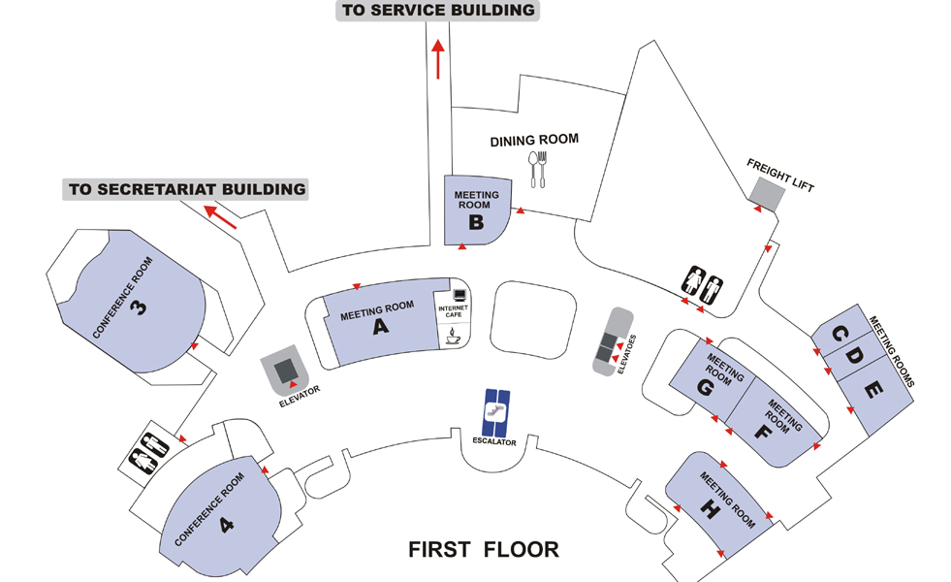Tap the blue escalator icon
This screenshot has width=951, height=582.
(497, 411)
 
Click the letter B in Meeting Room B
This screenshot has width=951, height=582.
(476, 222)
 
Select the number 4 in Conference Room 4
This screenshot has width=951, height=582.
(227, 525)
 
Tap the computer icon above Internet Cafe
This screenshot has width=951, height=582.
(459, 292)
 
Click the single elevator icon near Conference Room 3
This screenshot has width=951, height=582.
(286, 369)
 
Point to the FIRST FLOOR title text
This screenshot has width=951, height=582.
(484, 550)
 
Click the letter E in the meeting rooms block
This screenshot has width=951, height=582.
(872, 391)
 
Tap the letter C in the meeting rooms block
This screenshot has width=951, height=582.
(840, 337)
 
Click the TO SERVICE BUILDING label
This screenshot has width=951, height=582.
(438, 11)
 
